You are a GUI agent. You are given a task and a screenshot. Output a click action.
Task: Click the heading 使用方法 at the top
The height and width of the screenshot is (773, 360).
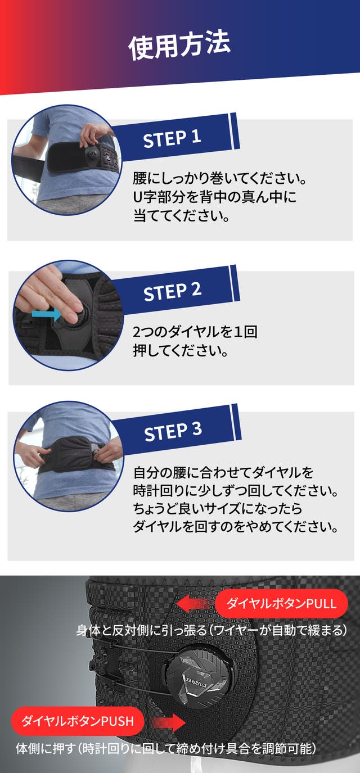point(179,45)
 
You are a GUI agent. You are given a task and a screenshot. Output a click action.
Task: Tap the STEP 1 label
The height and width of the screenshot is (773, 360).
point(172,138)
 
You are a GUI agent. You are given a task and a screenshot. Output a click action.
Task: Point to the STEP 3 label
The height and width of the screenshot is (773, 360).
point(173,431)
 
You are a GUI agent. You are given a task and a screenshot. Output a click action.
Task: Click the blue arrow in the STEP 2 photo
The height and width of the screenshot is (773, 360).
point(46,314)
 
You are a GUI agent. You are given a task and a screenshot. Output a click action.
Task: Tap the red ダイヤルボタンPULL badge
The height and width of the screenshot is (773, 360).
point(281,604)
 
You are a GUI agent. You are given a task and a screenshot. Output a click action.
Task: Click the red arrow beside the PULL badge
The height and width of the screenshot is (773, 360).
point(196,604)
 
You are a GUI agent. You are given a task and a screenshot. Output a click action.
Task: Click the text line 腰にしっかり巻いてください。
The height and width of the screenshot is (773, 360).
point(219,179)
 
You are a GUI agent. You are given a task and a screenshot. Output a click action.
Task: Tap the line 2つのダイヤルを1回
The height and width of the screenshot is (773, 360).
point(195,332)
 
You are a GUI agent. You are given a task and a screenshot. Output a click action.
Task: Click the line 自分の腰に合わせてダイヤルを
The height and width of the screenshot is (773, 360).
point(223,472)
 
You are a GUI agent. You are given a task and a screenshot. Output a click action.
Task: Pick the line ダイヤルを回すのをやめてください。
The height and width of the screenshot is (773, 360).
point(235,527)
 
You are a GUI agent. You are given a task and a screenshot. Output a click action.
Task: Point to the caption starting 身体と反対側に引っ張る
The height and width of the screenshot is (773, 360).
point(211,630)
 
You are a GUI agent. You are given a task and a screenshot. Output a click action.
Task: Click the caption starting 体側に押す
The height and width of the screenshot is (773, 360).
point(166,748)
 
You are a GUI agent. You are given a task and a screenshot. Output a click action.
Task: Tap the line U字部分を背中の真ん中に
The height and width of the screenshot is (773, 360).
point(215,197)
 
